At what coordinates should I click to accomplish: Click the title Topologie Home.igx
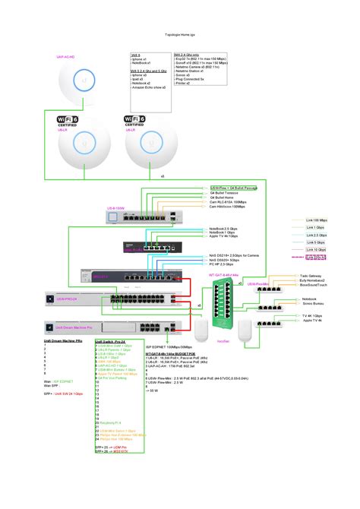point(180,36)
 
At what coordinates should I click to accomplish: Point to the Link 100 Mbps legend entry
point(317,220)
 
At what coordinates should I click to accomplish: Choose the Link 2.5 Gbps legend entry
point(317,235)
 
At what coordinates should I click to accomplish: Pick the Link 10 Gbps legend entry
point(317,249)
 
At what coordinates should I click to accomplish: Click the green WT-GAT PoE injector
point(225,304)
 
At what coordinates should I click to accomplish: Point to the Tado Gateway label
point(312,276)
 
